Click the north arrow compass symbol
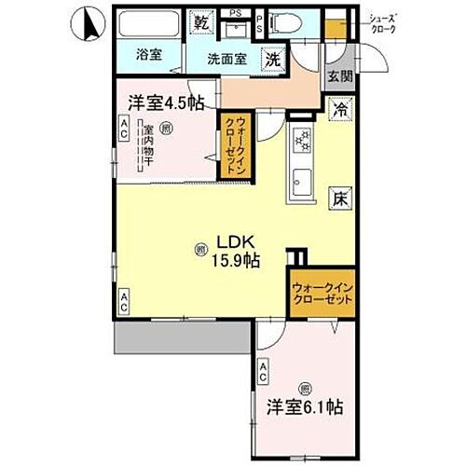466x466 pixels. (x=87, y=26)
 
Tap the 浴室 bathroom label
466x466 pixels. (x=149, y=54)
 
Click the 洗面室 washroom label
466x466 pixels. (x=226, y=58)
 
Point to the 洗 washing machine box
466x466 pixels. (x=273, y=58)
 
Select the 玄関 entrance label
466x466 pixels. (x=339, y=79)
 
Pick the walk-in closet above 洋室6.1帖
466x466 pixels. (x=321, y=297)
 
